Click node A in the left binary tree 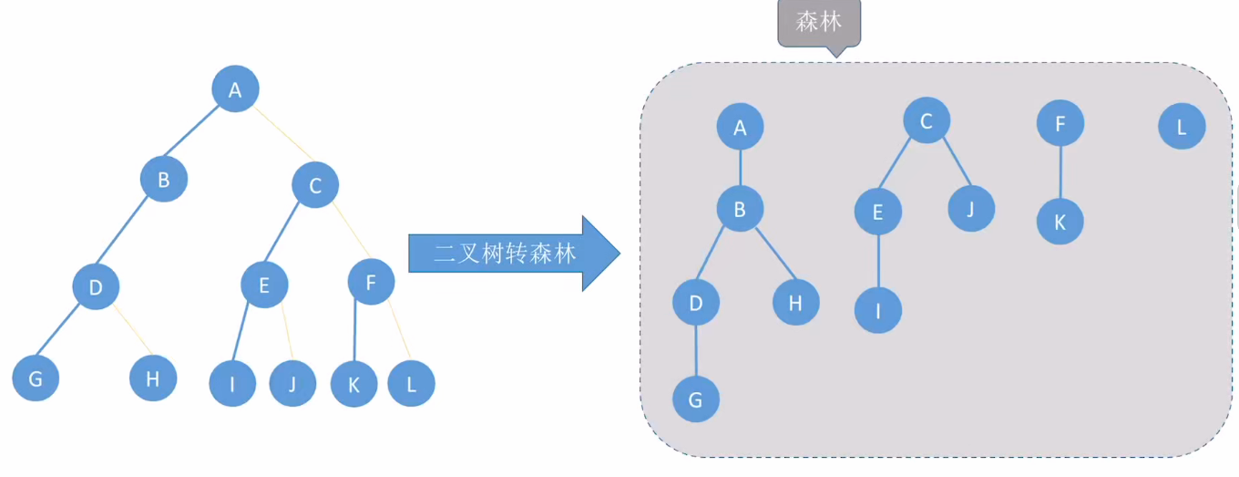(235, 89)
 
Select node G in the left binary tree (36, 378)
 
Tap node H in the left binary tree (152, 378)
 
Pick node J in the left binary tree (292, 383)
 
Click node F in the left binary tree (371, 282)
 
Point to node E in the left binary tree (264, 285)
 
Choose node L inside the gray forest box (1182, 127)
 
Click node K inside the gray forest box (1060, 221)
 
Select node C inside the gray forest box (927, 120)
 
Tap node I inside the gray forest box (878, 310)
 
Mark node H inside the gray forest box (795, 303)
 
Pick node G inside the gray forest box (696, 399)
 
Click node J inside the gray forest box (970, 208)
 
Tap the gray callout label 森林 (818, 22)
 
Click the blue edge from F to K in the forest (1060, 171)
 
